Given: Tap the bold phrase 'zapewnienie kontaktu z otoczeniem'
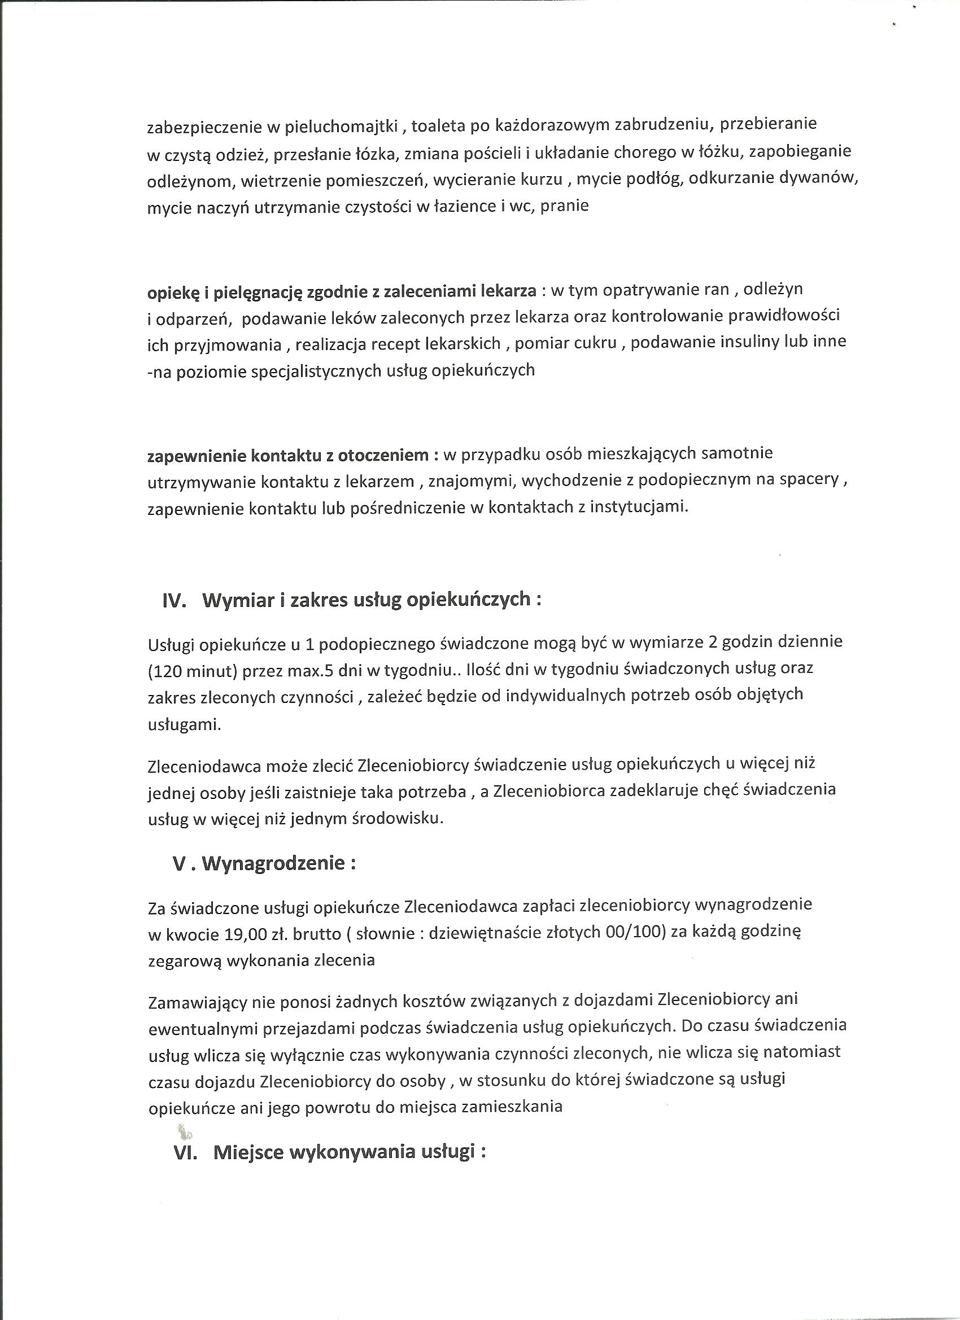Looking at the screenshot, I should tap(288, 455).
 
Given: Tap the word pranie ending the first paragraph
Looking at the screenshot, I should tap(565, 206).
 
